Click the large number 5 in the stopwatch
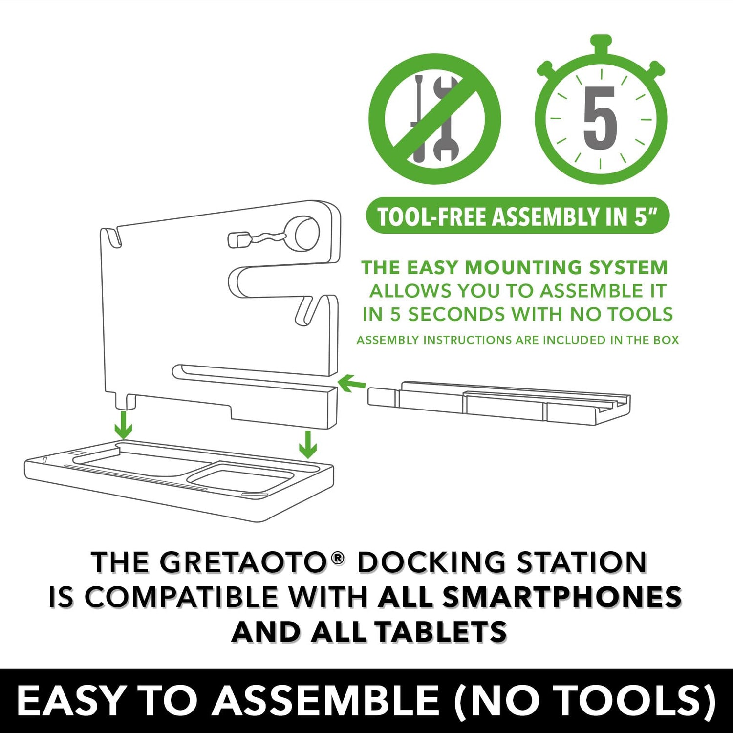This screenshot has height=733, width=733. (601, 118)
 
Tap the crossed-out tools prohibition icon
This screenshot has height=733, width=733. (435, 119)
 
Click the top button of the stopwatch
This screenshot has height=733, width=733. (601, 43)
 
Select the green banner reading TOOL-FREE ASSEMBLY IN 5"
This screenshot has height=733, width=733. (517, 216)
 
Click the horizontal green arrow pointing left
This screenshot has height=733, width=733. (351, 384)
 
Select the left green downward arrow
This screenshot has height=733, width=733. (124, 425)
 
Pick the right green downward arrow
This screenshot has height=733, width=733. (307, 444)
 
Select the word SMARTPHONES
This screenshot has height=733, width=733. (530, 597)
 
